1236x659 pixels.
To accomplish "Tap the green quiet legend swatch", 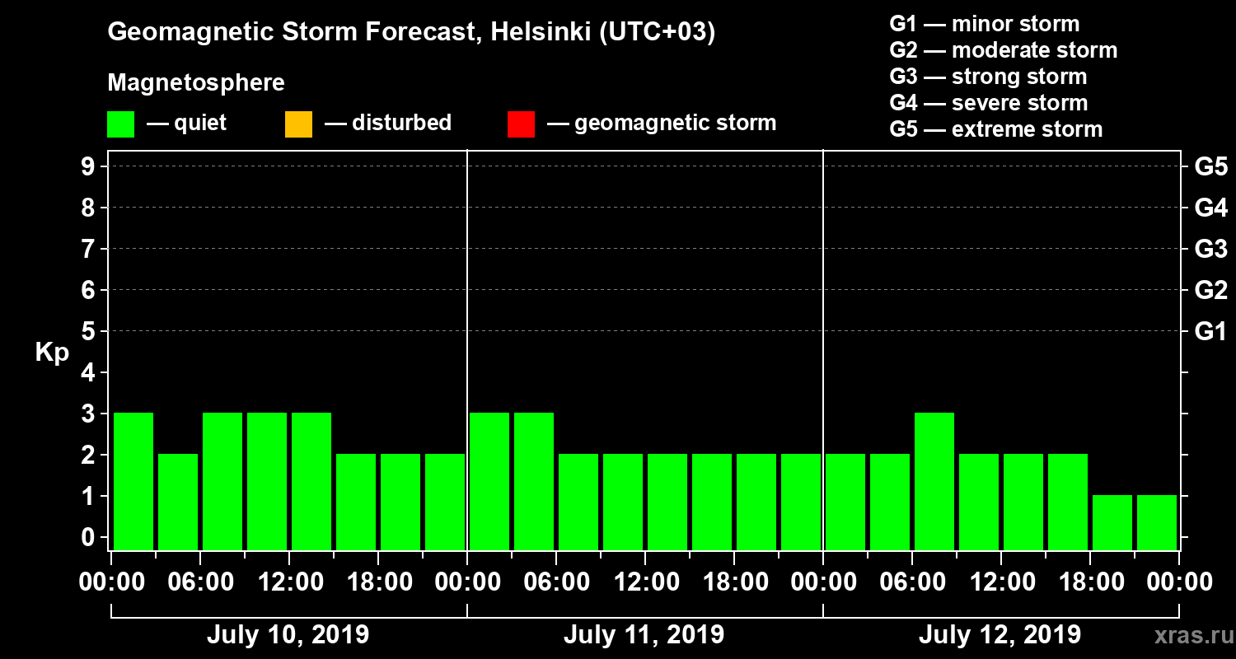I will coord(120,124).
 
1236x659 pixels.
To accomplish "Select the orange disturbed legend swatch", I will coord(298,124).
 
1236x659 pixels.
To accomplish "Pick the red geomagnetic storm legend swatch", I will coord(521,124).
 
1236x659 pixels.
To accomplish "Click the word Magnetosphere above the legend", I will coord(196,83).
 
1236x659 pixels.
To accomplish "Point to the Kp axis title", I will coord(52,353).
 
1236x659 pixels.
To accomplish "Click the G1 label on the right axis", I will coord(1210,332).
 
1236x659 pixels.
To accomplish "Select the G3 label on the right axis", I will coord(1210,249).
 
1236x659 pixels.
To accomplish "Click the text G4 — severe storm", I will coord(989,103).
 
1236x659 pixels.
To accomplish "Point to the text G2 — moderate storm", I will coord(1004,50).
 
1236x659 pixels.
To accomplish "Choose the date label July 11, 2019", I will coord(644,635).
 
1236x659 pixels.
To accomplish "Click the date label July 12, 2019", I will coord(1000,635).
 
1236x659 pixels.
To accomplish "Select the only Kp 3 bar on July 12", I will coord(934,481).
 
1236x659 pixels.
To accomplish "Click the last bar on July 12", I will coord(1157,522).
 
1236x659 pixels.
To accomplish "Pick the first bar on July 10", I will coord(133,481).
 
